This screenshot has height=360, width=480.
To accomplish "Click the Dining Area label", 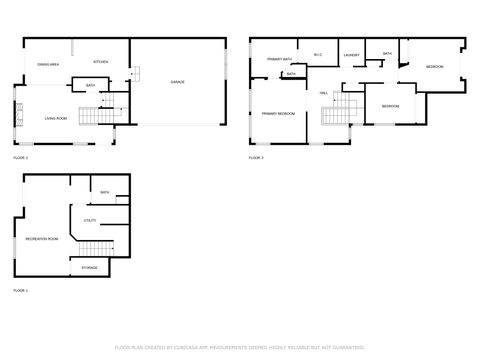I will [48, 62].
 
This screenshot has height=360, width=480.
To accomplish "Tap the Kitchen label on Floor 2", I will [100, 62].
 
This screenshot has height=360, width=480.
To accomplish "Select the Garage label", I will [177, 82].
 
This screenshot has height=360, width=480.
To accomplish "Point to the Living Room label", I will [56, 118].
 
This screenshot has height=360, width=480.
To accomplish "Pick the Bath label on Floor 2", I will [90, 86].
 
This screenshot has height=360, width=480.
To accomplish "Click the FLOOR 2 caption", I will [20, 158].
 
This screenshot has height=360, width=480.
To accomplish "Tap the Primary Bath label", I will [279, 60].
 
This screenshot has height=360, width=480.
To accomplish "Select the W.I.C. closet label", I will [318, 55].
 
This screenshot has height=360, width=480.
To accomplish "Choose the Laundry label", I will [350, 55].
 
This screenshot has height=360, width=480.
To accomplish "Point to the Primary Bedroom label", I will [278, 114].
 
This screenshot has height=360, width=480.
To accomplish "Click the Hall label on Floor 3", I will [324, 93].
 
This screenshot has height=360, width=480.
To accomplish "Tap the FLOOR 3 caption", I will [256, 158].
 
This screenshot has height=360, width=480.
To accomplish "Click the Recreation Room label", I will [42, 239].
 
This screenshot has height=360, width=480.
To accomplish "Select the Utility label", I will [89, 219].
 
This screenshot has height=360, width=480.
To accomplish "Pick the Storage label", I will [89, 268].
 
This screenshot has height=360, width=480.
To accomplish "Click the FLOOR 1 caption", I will [20, 290].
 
